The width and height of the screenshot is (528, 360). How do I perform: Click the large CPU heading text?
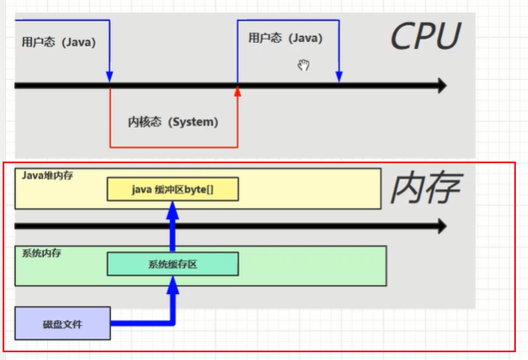click(x=425, y=36)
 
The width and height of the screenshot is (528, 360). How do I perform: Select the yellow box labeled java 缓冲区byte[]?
click(x=172, y=189)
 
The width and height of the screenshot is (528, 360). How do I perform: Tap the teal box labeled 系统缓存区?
click(x=172, y=265)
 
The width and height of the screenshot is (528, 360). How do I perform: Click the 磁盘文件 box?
click(x=63, y=324)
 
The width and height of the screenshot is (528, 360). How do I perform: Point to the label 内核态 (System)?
click(x=173, y=122)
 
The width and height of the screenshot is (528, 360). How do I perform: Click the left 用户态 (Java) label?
click(x=53, y=40)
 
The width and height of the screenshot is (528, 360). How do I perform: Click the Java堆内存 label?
click(x=48, y=175)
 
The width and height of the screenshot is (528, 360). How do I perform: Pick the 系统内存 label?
click(x=41, y=253)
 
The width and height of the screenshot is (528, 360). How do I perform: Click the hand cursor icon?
click(x=303, y=64)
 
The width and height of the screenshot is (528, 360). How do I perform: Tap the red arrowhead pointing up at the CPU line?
click(x=238, y=90)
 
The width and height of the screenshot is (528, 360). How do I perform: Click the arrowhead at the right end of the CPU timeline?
click(x=442, y=86)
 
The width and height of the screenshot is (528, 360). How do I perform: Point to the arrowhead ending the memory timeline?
click(x=442, y=226)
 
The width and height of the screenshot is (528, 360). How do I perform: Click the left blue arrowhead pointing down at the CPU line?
click(x=110, y=76)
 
